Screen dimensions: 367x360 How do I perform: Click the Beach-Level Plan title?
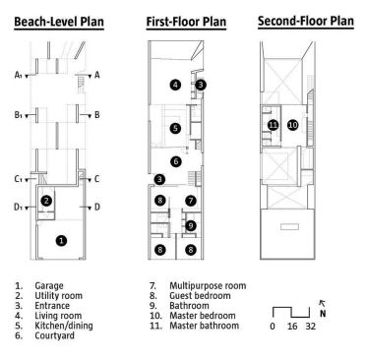coord(59,22)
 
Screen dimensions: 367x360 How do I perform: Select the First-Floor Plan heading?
coord(186,22)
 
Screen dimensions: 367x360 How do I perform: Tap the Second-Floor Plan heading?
coord(306,21)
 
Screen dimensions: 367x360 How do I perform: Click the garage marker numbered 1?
coord(61,241)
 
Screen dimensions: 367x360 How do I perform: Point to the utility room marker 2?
coord(46,201)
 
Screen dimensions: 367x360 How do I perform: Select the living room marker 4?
coord(175,85)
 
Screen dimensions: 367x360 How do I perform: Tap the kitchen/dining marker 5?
coord(176,128)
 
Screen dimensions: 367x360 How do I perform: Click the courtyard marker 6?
coord(176,161)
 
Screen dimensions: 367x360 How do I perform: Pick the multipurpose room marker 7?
coord(191,201)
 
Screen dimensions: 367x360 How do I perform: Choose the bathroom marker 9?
coord(191,225)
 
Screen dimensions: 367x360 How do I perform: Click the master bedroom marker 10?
coord(293,125)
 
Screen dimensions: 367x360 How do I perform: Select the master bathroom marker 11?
coord(273,125)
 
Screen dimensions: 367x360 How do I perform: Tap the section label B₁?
coord(18,115)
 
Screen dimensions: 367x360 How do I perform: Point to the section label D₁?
coord(18,208)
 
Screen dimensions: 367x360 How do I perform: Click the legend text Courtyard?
coord(54,335)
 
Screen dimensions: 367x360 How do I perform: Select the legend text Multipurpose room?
coord(208,285)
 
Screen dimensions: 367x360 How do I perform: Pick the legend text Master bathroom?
coord(204,326)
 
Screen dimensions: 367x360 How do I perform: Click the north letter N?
coord(323,314)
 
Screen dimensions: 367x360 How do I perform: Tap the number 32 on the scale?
coord(311,327)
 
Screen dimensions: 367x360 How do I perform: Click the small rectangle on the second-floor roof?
coord(289,226)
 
